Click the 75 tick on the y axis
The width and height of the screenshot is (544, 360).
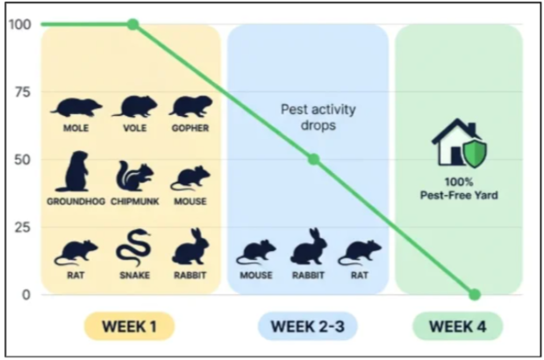pos(23,92)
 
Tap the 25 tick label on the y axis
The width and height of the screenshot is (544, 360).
pos(23,227)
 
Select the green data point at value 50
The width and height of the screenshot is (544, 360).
pos(313,159)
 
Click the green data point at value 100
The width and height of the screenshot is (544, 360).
pos(132,25)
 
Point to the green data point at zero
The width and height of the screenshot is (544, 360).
pos(475,295)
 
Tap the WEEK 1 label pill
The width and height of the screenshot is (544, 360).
pos(129,327)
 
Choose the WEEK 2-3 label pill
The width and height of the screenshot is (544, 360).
pos(308,327)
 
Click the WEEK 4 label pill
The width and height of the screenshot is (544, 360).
pos(458,327)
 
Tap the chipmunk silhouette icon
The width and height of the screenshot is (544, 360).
pos(134,176)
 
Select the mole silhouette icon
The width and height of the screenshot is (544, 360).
pos(76,108)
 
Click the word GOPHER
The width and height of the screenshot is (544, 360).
pos(190,128)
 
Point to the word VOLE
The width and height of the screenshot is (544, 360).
pos(134,128)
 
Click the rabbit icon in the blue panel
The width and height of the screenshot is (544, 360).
pos(309,247)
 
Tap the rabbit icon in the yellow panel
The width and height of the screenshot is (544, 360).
pos(190,247)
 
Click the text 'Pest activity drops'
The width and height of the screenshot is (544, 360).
pos(319,117)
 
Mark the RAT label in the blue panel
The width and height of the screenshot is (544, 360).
pos(360,276)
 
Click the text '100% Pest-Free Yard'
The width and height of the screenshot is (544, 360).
pos(459,189)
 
